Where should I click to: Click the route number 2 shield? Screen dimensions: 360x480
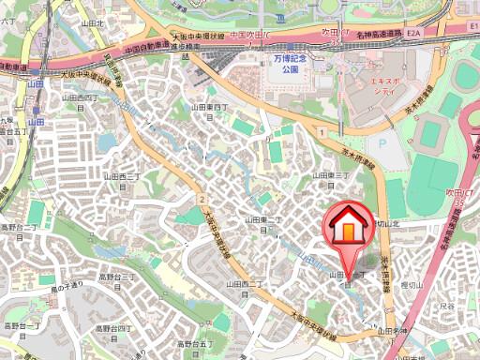pos(202,200)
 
